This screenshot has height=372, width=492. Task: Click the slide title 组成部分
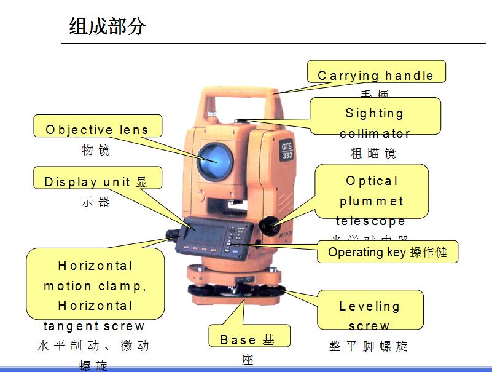point(107,26)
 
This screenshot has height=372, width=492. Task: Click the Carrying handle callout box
point(376,73)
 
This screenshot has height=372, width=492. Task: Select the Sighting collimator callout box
point(375,116)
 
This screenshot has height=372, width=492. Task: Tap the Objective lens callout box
point(97,127)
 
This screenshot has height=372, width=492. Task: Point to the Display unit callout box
point(97,178)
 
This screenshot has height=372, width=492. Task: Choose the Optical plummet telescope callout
point(372,191)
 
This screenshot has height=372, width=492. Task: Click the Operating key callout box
point(387,252)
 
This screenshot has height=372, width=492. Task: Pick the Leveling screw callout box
point(370,310)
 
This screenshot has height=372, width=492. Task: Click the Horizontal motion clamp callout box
point(95,284)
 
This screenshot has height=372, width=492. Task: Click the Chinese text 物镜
point(96,150)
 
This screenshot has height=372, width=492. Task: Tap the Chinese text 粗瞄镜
point(373,153)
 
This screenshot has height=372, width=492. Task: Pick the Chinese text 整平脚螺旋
point(369,346)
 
